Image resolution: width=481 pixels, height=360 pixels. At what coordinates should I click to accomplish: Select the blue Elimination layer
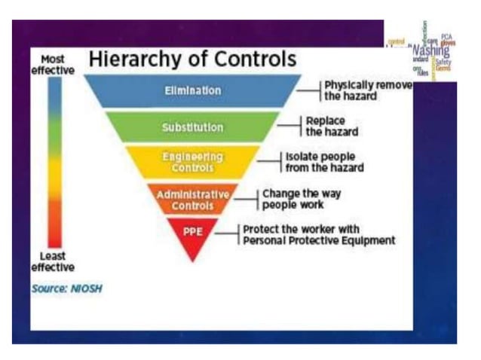[x=193, y=90]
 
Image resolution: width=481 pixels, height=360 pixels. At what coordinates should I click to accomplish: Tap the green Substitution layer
[x=193, y=127]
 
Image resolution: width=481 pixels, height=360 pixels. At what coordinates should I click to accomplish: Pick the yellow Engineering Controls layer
[x=193, y=162]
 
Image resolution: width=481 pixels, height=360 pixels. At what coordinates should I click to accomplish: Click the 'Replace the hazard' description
[x=331, y=126]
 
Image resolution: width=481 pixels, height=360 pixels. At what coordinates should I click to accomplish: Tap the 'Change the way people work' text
[x=301, y=199]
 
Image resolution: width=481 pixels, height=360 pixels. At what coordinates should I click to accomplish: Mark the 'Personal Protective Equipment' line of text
[x=319, y=241]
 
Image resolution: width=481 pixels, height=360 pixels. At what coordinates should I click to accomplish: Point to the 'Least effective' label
[x=53, y=261]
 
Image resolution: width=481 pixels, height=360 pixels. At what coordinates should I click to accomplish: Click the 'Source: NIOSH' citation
[x=66, y=288]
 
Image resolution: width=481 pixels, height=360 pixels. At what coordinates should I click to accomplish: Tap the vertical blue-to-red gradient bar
[x=54, y=161]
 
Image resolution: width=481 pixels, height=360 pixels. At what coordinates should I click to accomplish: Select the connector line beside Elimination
[x=308, y=90]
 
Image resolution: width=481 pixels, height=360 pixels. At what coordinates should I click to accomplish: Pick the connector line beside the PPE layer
[x=225, y=234]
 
